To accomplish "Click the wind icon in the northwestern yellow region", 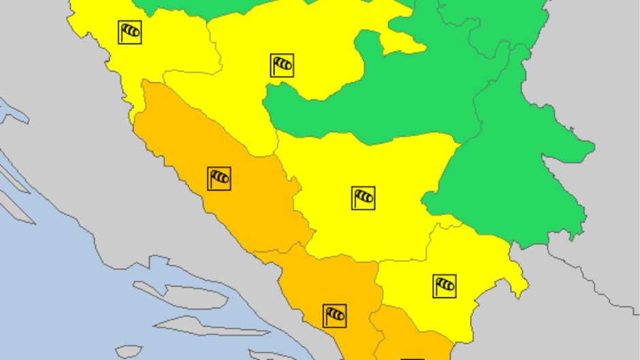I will click(x=129, y=31).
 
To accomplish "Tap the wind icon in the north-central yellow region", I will click(x=282, y=65).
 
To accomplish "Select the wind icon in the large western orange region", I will click(x=219, y=178).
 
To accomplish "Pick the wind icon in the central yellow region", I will click(x=364, y=198).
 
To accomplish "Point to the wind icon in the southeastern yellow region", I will click(x=444, y=285).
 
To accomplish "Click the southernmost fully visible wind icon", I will click(x=334, y=315).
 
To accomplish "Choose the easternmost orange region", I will click(x=409, y=337).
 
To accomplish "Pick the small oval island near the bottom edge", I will click(x=129, y=351).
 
